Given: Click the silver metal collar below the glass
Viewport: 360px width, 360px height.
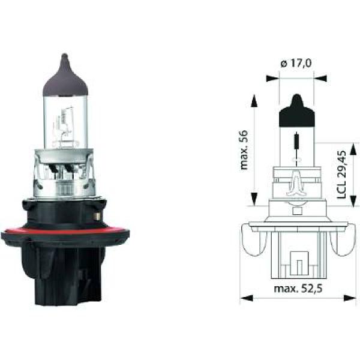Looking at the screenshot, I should click(63, 174).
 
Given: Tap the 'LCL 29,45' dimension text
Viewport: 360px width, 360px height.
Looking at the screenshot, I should click(343, 174).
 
